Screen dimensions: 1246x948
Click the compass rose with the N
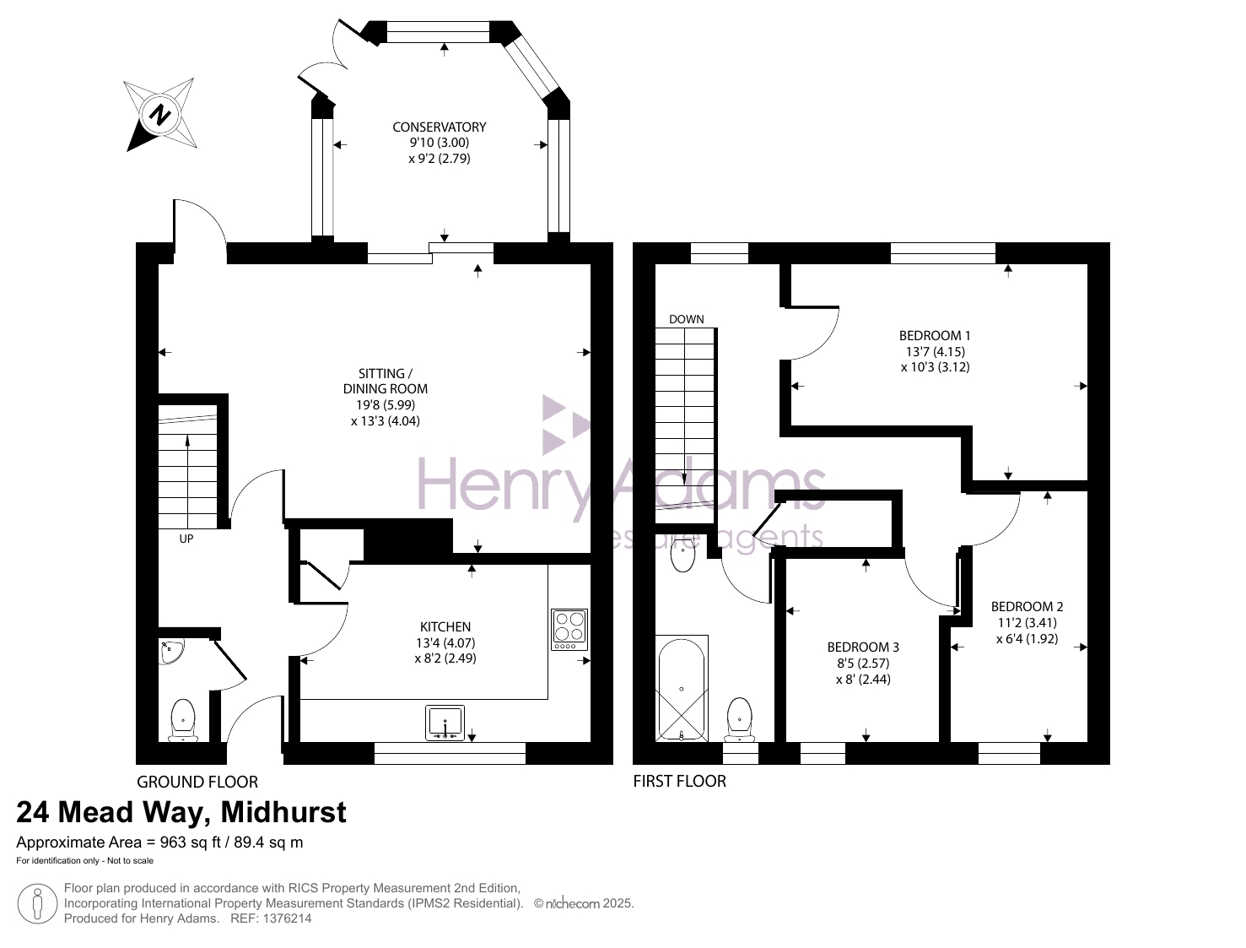click(160, 115)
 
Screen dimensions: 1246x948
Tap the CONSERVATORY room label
click(440, 127)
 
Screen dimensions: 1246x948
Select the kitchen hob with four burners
click(569, 630)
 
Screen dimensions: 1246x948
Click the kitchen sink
click(445, 723)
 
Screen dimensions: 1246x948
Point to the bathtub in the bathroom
click(681, 689)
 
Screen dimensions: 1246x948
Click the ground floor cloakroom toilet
click(183, 720)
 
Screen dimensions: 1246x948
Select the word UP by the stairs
click(186, 539)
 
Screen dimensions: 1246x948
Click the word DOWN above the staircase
click(687, 319)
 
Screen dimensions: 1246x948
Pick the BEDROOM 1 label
click(935, 336)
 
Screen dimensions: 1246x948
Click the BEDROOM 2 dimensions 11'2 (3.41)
click(1027, 622)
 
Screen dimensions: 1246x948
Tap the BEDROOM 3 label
click(863, 647)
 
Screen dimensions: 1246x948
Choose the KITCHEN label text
click(445, 627)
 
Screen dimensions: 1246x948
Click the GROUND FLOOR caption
click(197, 783)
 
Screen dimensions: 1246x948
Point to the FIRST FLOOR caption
click(679, 782)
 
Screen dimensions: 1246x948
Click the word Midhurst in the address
click(283, 812)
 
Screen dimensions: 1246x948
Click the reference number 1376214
click(286, 918)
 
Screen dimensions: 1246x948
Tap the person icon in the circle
click(37, 904)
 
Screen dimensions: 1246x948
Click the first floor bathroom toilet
click(740, 720)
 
